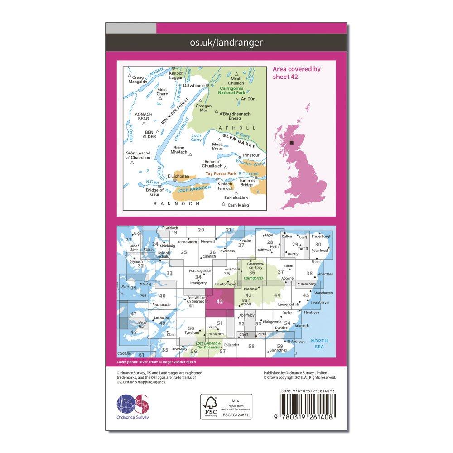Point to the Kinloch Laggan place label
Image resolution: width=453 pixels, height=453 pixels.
176,75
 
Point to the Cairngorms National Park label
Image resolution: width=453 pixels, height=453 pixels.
232,91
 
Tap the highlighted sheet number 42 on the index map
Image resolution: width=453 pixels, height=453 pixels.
220,301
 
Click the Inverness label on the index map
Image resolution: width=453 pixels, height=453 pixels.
227,251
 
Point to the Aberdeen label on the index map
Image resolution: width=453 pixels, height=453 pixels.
326,274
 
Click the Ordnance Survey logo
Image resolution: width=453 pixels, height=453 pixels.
133,404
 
